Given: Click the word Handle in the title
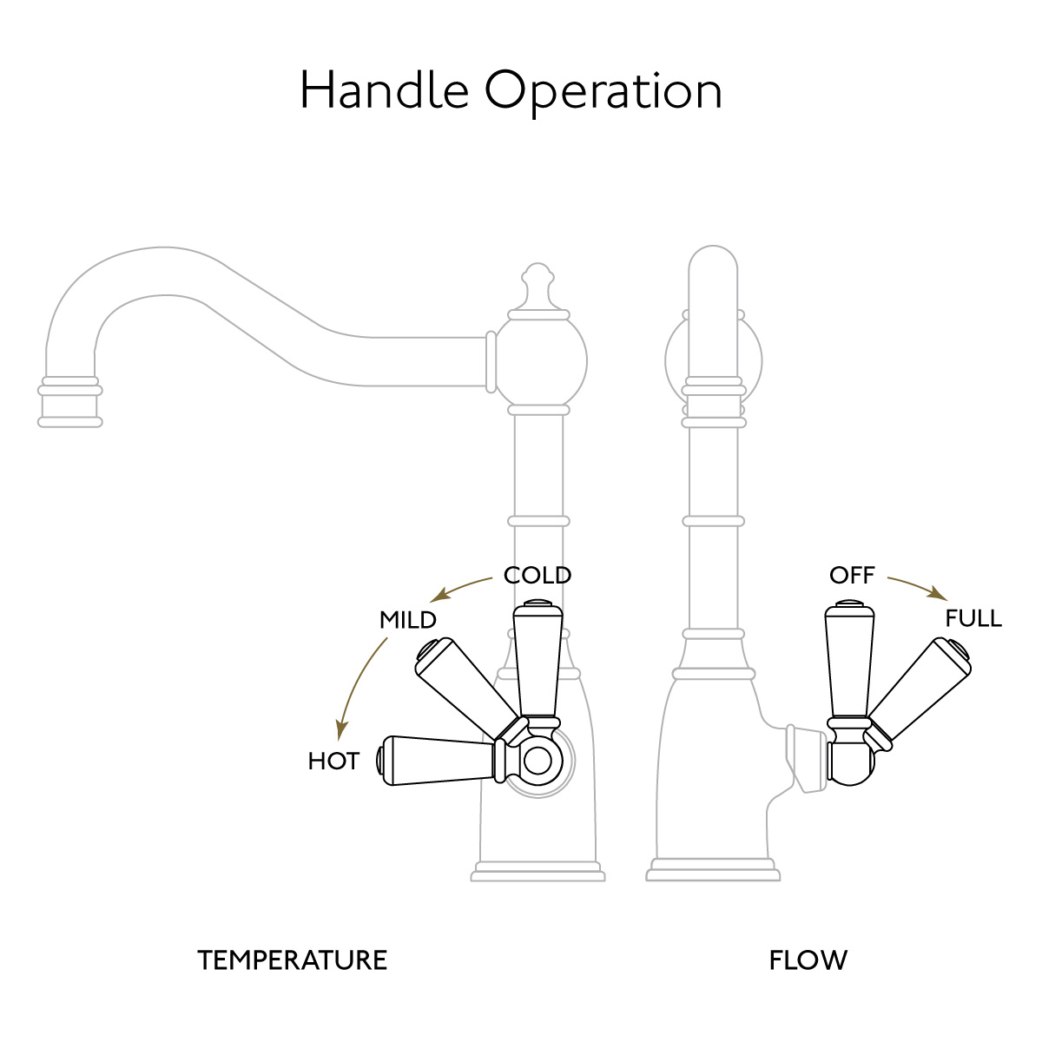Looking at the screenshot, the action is coord(385,89).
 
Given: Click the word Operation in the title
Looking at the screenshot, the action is coord(603,92).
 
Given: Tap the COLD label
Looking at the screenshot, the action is coord(537,576).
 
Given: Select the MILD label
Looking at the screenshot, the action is coord(408,620).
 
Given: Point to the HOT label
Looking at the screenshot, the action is coord(333,762).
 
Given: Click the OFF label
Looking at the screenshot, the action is coord(852,576).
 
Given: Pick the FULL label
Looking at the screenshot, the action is coord(973,618).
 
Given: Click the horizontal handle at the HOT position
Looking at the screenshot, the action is coord(441,761).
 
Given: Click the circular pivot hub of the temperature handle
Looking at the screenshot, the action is coord(537,762).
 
